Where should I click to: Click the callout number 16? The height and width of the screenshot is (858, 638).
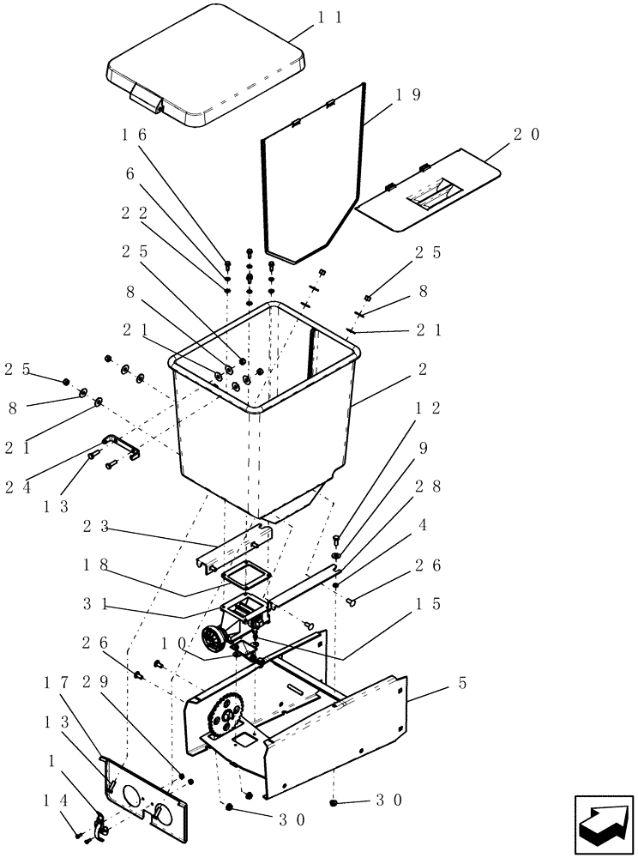pyautogui.click(x=135, y=135)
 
